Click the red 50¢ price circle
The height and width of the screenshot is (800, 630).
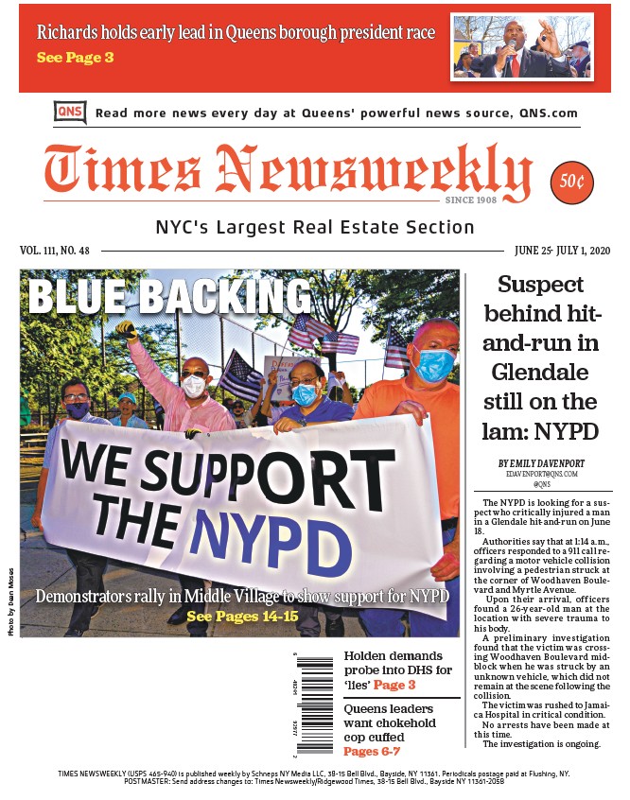[x=571, y=181]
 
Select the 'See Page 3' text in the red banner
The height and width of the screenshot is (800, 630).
[x=75, y=58]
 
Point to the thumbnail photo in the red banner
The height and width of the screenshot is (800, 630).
[x=522, y=46]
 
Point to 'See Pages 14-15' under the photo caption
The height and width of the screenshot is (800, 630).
[x=242, y=617]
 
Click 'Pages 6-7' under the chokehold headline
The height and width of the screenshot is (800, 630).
[x=372, y=752]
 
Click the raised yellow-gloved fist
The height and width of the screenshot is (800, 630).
[x=127, y=329]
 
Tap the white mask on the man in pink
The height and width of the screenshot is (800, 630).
[x=194, y=385]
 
